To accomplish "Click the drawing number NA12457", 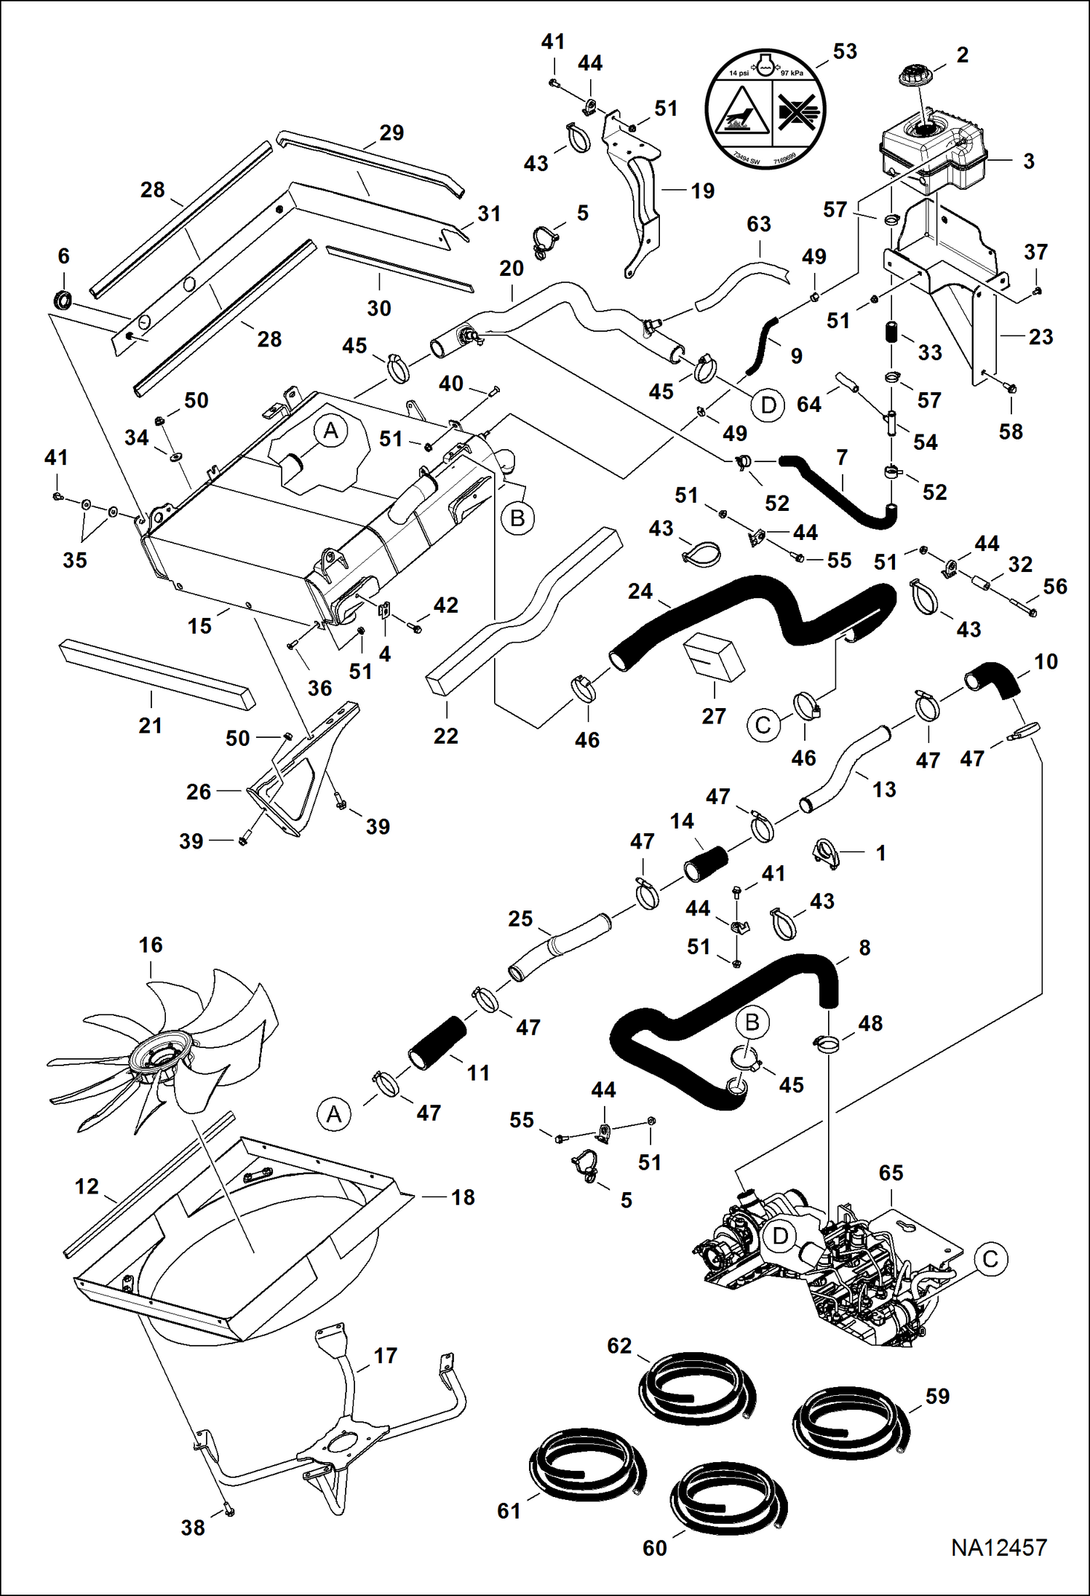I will (998, 1547).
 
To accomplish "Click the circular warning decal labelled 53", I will (765, 109).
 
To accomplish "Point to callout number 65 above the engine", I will (891, 1172).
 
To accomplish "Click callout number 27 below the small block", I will (713, 715).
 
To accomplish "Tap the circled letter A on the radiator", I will (330, 431).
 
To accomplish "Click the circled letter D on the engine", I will (780, 1235).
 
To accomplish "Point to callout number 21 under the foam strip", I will (150, 725).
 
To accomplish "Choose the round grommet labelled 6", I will (63, 298).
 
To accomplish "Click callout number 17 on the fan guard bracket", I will (385, 1355).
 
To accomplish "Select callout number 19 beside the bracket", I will (702, 191).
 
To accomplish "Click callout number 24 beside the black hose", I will (640, 591).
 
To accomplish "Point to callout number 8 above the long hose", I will (864, 948).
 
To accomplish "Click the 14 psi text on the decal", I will (739, 73).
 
